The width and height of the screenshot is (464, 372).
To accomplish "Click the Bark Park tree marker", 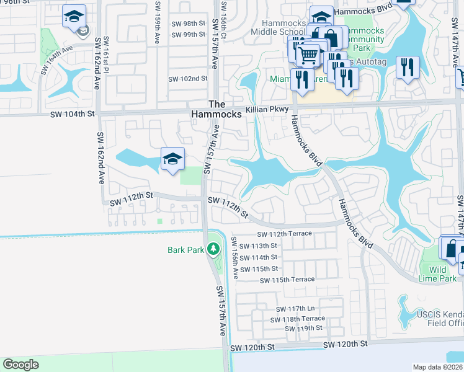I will (x=213, y=249).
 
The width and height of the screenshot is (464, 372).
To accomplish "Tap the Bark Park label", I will (x=185, y=250).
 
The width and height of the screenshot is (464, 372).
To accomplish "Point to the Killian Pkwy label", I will (x=267, y=109).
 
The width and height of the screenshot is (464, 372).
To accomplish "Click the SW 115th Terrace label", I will (x=287, y=280).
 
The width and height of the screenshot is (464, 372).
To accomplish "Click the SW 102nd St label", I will (x=187, y=79).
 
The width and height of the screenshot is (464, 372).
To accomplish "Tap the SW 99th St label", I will (x=189, y=34).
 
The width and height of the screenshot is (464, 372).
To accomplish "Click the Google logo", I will (x=20, y=365).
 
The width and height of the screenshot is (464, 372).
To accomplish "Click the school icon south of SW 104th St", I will (x=172, y=159).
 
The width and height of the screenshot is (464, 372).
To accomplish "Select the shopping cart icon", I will (x=308, y=56).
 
